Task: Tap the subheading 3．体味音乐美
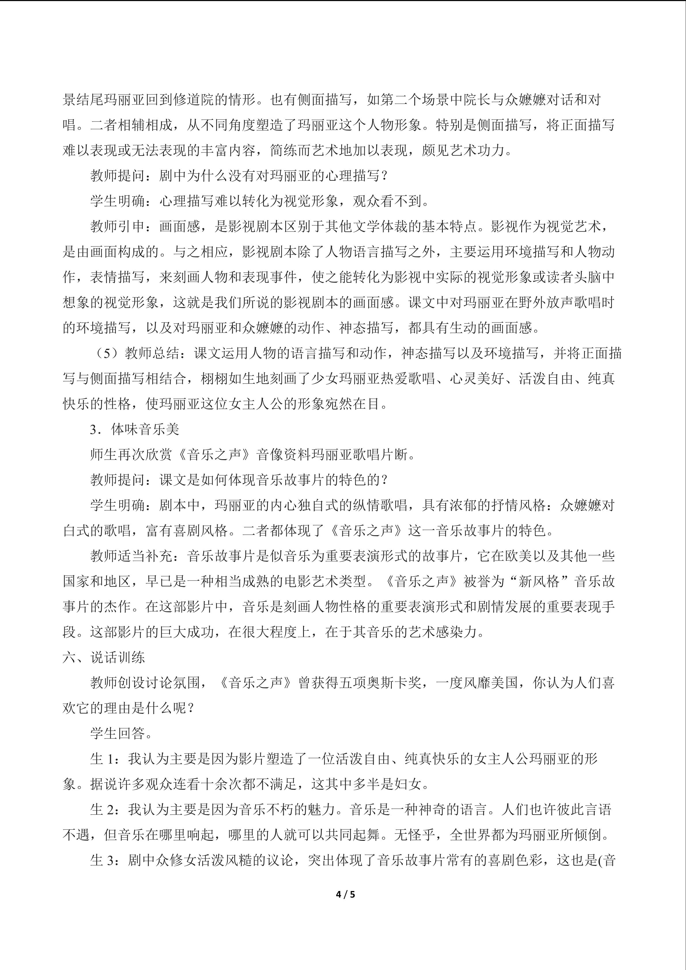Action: [134, 429]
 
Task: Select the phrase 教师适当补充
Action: [131, 556]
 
